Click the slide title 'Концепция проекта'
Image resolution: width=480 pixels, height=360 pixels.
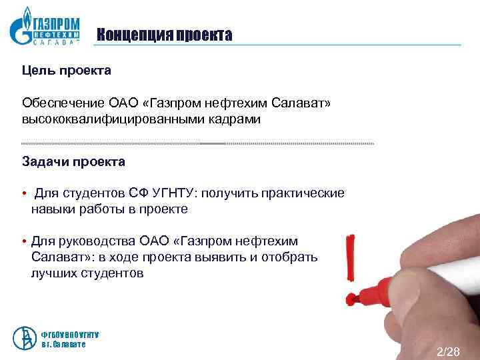pos(164,35)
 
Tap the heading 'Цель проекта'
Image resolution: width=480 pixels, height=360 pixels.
pos(67,70)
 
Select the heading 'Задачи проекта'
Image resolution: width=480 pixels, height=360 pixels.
pos(73,161)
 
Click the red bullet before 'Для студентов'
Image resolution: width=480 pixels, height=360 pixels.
pos(23,194)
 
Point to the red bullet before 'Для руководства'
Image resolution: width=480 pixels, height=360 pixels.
pos(23,241)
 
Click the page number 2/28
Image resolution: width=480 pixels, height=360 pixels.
pos(448,351)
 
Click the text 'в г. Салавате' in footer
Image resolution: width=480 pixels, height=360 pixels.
pos(63,343)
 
